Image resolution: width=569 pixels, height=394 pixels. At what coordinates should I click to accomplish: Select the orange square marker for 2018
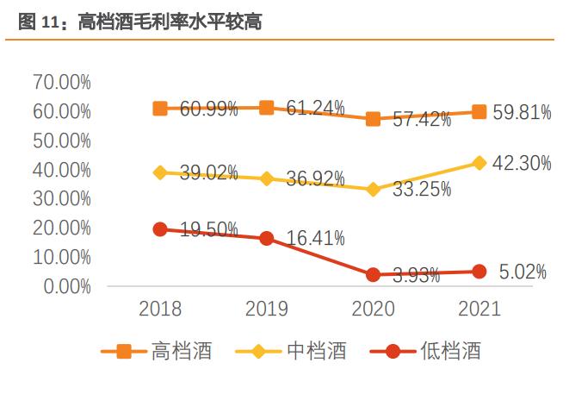tap(160, 109)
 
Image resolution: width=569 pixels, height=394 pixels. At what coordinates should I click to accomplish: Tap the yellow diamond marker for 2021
tap(479, 163)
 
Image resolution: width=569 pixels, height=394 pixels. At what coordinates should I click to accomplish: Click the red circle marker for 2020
tap(373, 275)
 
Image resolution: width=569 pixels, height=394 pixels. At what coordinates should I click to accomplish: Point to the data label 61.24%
tap(316, 108)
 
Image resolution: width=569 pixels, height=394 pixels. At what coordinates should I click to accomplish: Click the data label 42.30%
tap(522, 163)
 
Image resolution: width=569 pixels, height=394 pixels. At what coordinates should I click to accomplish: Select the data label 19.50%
tap(209, 230)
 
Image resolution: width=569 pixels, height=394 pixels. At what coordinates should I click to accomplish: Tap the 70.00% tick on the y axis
tap(62, 82)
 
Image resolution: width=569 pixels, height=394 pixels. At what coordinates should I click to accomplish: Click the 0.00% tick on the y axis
tap(66, 286)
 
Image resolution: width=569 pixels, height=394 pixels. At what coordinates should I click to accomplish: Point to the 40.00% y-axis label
tap(62, 170)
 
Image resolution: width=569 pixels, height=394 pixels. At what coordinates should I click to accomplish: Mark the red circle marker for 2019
tap(267, 238)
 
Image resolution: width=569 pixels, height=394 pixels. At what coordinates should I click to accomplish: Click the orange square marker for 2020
tap(373, 119)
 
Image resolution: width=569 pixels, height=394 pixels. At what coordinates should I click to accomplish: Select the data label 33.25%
tap(422, 190)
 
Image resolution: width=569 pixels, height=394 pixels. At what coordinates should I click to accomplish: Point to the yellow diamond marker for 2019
tap(267, 178)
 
